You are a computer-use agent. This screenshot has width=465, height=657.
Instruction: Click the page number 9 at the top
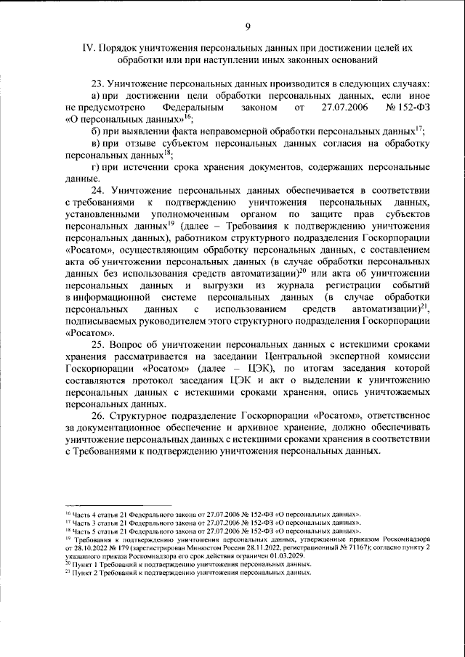pyautogui.click(x=248, y=27)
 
